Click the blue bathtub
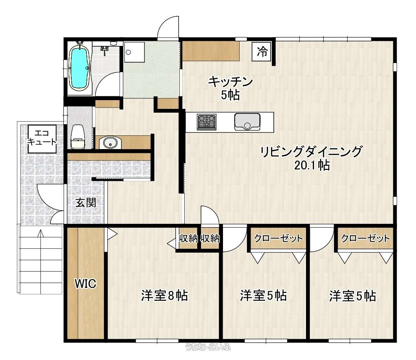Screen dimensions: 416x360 [79, 68]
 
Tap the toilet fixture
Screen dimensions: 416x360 [77, 137]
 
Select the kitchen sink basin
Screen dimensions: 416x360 [247, 122]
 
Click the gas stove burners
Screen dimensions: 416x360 [206, 122]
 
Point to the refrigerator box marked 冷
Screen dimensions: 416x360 [262, 52]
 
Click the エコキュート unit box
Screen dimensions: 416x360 [42, 138]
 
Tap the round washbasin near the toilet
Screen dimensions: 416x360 [110, 143]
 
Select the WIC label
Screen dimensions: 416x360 [85, 283]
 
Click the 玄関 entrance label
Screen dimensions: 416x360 [86, 203]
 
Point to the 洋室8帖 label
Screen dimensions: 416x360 [164, 296]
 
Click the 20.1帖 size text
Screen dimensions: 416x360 [312, 165]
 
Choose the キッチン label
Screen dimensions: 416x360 [230, 82]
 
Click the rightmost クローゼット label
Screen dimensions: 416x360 [365, 238]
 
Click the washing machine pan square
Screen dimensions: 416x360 [134, 52]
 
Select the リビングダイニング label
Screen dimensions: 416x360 [311, 152]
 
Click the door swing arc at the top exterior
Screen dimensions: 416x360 [168, 27]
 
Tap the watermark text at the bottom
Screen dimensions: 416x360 [208, 346]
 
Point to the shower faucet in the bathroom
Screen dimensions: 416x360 [105, 50]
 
